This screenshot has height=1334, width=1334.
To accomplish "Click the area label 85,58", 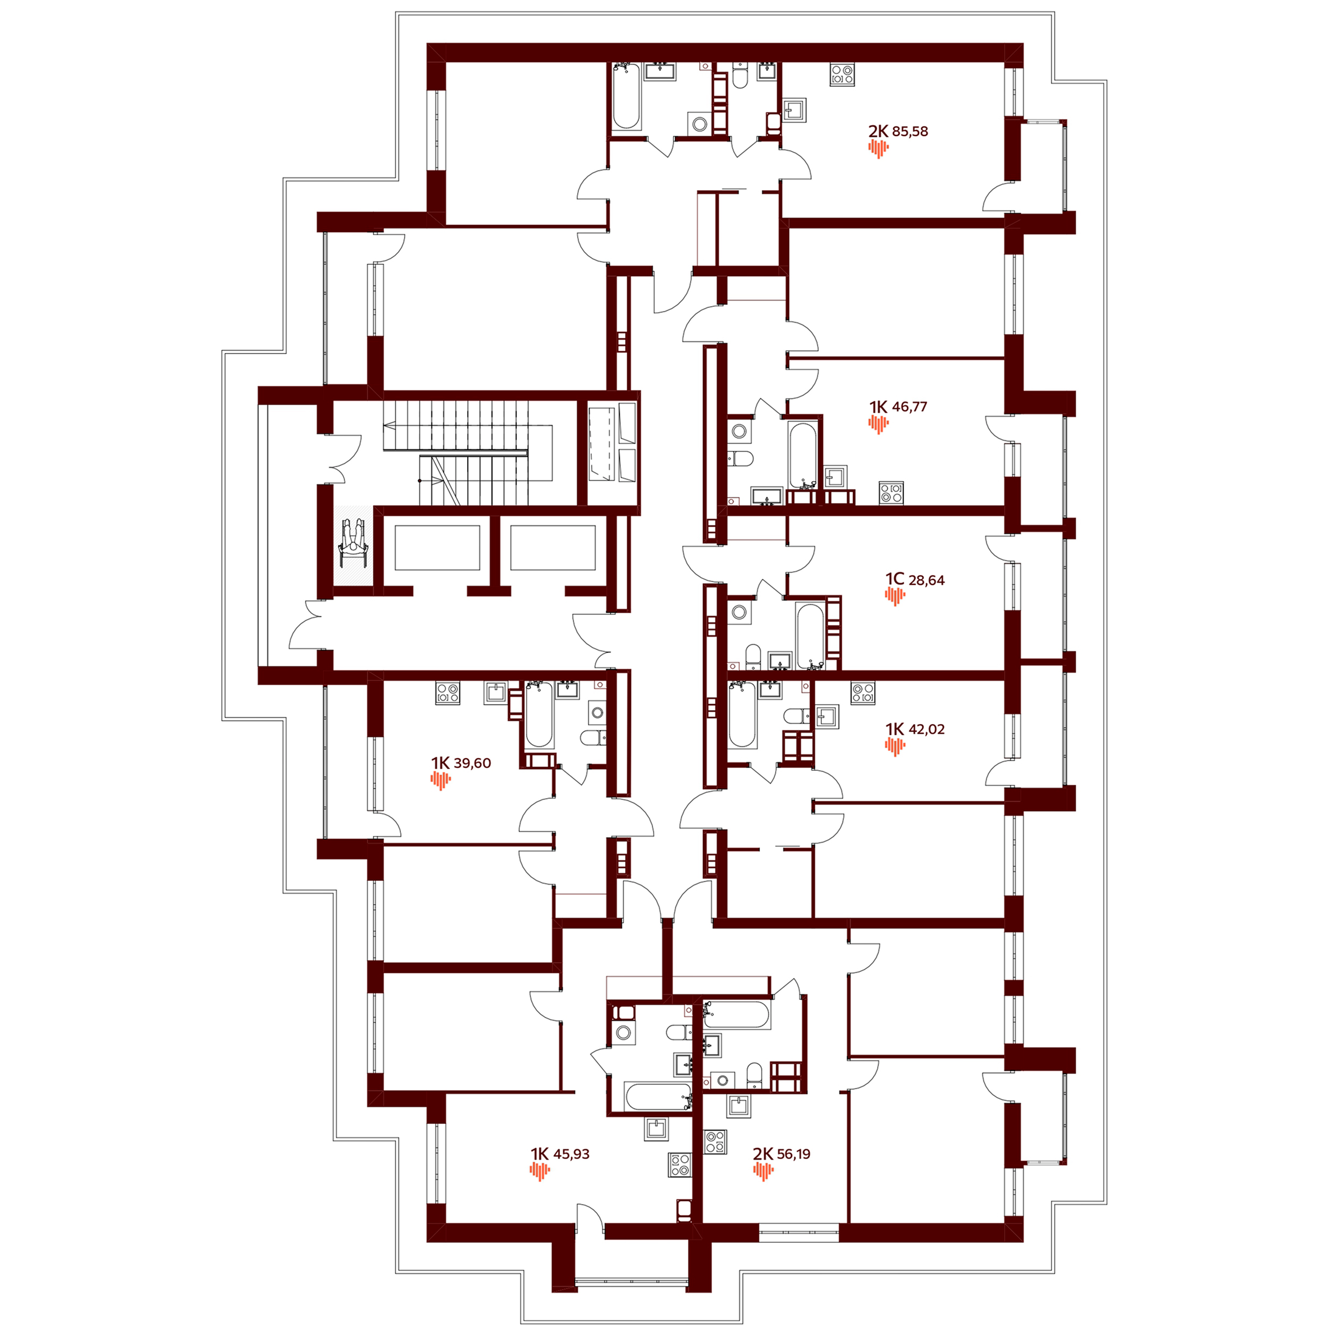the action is point(910,131).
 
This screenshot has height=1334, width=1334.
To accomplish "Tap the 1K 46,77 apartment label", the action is point(898,406).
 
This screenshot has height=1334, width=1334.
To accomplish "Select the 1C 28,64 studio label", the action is point(915,580).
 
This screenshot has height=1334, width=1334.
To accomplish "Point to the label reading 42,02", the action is point(926,729).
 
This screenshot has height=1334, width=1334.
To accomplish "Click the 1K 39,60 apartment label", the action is point(461,763).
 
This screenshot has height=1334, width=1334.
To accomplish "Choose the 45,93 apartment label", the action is point(571,1154).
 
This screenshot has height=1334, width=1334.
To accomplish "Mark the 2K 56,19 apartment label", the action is point(782,1154).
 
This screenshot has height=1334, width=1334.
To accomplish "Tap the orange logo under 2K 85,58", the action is point(878,148).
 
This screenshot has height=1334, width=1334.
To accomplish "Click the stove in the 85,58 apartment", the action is point(843,75).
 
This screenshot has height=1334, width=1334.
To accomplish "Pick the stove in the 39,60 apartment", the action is point(448,693).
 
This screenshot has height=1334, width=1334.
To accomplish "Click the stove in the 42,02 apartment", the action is point(863,693).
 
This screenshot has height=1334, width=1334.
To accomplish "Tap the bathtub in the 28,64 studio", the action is point(809,636).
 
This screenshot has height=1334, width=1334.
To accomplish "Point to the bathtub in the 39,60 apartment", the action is point(539,716).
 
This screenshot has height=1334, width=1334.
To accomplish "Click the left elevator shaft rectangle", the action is point(437,547).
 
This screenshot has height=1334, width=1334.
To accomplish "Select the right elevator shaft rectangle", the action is point(552,547).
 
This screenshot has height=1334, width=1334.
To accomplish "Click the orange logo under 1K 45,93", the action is point(540,1171).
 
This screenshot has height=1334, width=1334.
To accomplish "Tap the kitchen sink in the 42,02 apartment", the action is point(827,717).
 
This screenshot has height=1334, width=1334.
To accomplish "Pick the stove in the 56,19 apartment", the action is point(716,1141).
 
